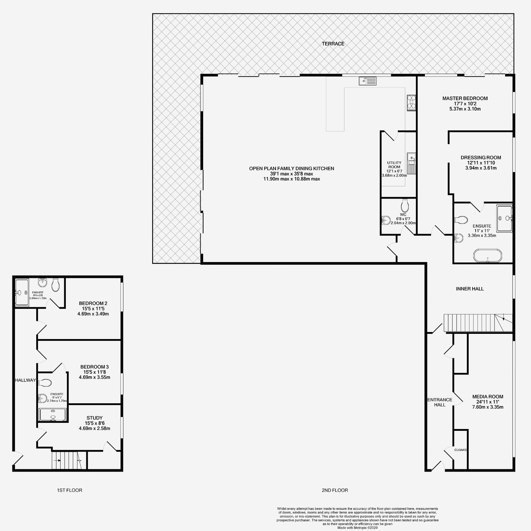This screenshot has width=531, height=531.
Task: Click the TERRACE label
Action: point(333,43)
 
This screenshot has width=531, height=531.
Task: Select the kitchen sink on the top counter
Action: point(367,81)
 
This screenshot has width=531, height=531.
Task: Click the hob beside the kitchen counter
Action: point(410,102)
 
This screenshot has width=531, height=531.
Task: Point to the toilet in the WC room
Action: point(404,207)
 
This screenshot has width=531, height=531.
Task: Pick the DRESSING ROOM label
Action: point(481,157)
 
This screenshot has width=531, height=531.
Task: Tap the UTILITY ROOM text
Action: point(393,166)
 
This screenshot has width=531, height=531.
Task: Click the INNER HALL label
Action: point(469,289)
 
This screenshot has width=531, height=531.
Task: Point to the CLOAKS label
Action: point(460,449)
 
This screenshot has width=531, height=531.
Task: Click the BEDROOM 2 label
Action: point(93,303)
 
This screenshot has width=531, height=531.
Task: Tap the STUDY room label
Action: point(94,418)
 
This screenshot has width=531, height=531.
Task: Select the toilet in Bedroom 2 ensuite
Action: point(55,285)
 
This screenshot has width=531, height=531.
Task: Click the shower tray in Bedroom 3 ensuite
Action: point(53,414)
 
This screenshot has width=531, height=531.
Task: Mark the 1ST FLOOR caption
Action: point(69,490)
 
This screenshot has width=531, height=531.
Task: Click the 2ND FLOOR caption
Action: point(335,490)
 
